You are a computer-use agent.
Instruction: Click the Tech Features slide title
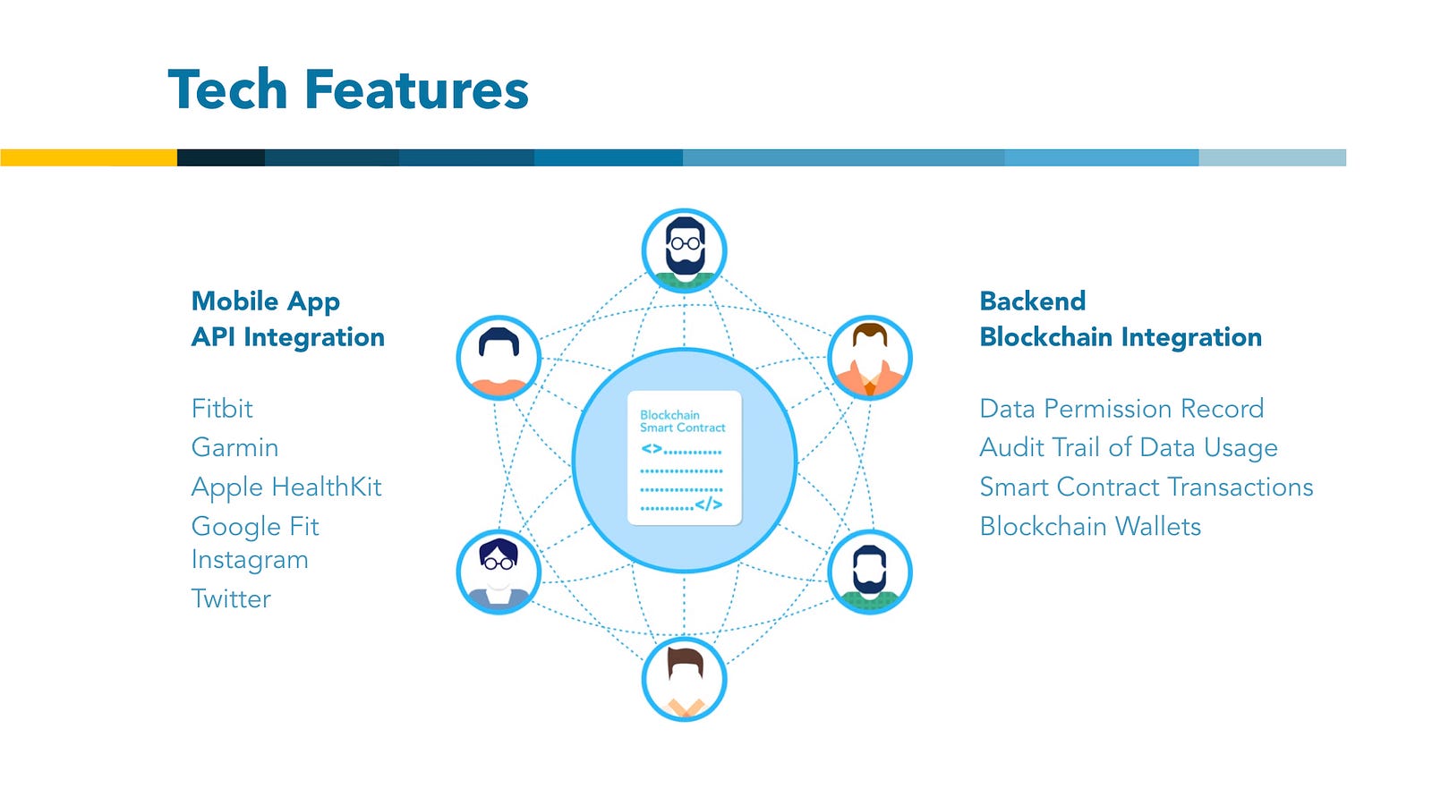click(348, 90)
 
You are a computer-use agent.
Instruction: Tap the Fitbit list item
click(222, 409)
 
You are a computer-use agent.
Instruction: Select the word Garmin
click(234, 447)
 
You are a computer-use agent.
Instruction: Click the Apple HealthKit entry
click(286, 487)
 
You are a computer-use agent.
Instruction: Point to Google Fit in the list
click(255, 526)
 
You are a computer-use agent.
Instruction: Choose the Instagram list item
click(250, 560)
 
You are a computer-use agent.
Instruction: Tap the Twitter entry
click(231, 598)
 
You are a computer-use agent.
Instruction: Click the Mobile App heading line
click(266, 301)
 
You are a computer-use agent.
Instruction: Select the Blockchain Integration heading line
click(1121, 337)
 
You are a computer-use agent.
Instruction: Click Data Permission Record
click(1121, 409)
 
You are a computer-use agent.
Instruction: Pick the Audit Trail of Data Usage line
click(1129, 447)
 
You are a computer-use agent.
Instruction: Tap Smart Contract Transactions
click(1146, 487)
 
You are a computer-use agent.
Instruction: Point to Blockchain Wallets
click(1090, 526)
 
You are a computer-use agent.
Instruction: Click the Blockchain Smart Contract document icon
click(685, 458)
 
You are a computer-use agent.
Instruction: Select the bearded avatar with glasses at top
click(685, 250)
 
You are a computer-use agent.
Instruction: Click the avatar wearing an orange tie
click(870, 358)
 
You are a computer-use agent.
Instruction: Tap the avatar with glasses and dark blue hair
click(499, 572)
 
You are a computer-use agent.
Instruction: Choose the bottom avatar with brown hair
click(685, 680)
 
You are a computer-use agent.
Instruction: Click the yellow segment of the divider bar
click(89, 157)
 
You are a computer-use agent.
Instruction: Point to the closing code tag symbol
click(708, 504)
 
